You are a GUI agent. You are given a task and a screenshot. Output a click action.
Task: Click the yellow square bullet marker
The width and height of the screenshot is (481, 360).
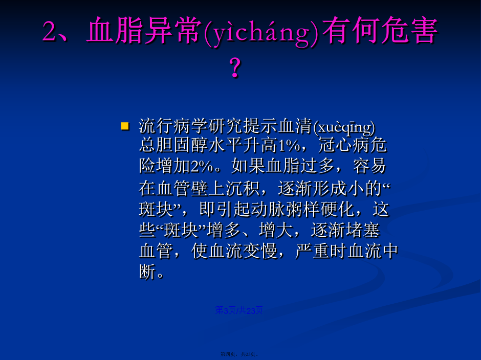point(125,126)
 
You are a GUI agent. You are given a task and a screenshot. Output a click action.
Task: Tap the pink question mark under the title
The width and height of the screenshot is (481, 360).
point(235,68)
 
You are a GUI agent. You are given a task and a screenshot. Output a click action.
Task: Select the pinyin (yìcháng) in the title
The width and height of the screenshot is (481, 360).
point(261,33)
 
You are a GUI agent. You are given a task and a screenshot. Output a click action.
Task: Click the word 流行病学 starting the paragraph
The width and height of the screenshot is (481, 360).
point(173,126)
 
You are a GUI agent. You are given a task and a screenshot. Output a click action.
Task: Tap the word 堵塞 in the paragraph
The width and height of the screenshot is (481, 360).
point(363,230)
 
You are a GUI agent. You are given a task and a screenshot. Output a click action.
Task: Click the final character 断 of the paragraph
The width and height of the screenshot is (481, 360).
point(147,272)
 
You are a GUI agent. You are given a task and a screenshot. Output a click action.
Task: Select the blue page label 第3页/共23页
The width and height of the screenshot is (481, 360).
point(238,310)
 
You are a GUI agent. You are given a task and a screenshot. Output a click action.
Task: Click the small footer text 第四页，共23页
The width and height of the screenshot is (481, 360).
point(239,354)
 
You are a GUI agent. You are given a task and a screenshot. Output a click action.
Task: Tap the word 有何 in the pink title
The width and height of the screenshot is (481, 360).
point(349,30)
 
